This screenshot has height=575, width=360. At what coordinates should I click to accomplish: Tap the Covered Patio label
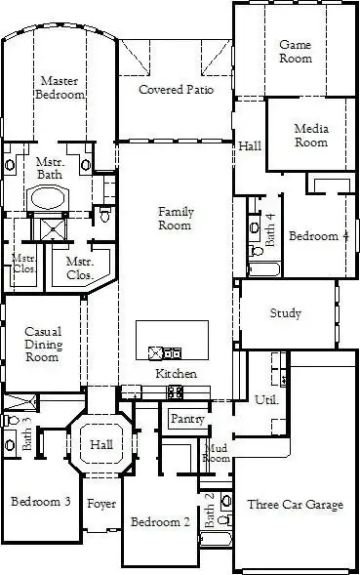click(176, 90)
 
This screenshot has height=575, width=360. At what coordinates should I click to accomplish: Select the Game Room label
click(296, 52)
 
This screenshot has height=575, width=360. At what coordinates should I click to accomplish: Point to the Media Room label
click(311, 136)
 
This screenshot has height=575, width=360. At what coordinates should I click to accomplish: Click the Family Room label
click(176, 219)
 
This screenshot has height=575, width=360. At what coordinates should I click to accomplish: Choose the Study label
click(286, 314)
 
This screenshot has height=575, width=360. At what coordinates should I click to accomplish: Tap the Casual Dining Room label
click(43, 345)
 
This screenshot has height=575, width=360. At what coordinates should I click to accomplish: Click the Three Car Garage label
click(295, 505)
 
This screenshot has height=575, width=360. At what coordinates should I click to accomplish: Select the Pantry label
click(186, 419)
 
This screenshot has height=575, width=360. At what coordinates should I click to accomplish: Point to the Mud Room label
click(216, 453)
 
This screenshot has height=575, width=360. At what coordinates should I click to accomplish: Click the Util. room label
click(266, 400)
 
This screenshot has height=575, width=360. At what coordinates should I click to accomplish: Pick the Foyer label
click(101, 504)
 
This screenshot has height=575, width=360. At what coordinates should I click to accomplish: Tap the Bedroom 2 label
click(160, 521)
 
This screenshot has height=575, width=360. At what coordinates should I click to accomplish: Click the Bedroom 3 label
click(40, 502)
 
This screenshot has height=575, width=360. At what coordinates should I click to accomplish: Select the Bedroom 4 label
click(318, 236)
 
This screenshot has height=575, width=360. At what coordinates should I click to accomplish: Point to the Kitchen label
click(177, 374)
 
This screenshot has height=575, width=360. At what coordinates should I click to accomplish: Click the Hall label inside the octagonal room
click(102, 445)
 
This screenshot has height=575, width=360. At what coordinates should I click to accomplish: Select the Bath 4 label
click(270, 229)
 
